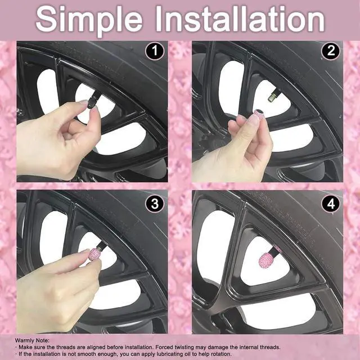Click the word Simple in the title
tap(89, 20)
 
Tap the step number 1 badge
tap(155, 51)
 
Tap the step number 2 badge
tap(331, 51)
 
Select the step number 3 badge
tap(155, 204)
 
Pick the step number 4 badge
tap(331, 204)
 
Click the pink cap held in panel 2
tap(258, 114)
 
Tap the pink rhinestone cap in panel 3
tap(94, 254)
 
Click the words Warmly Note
tap(32, 340)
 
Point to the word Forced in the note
tap(164, 347)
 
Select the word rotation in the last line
tap(220, 354)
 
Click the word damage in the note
tap(218, 348)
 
